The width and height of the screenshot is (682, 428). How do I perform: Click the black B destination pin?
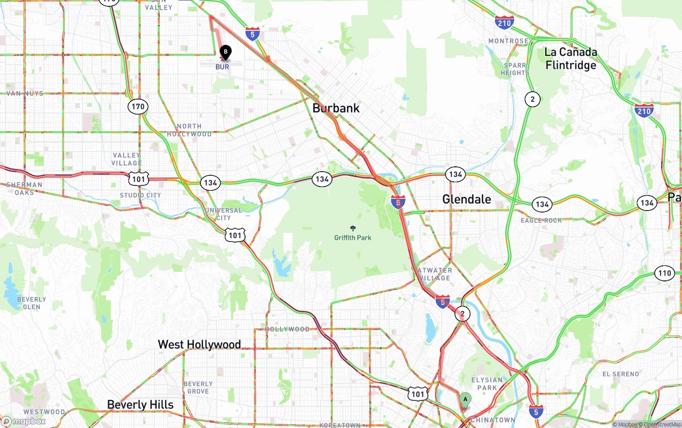tap(225, 52)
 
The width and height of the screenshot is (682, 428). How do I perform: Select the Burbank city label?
tap(336, 108)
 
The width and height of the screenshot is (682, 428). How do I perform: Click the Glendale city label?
tap(467, 199)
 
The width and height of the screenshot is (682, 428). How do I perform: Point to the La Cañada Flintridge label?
tap(570, 59)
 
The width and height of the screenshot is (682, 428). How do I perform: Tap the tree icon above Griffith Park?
tap(352, 228)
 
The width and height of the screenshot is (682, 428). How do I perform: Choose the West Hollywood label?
tap(199, 344)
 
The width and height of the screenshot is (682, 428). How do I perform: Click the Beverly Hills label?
tap(140, 405)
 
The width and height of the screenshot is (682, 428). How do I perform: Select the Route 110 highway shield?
tap(664, 273)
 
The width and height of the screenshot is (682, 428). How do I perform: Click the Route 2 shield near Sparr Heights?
tap(532, 99)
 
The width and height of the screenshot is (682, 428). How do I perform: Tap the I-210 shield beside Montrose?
tap(504, 22)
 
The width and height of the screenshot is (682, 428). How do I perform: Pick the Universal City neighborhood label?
tap(223, 214)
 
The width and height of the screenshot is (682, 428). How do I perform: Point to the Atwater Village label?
tap(435, 274)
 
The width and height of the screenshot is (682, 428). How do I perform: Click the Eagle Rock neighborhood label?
tap(541, 220)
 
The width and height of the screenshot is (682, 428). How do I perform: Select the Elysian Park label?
tap(486, 384)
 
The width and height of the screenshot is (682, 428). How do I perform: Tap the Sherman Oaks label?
tap(24, 188)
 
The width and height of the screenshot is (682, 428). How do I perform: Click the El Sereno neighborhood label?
tap(620, 374)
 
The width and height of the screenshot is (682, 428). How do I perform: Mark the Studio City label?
tap(140, 195)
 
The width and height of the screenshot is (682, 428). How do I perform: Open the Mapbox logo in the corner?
tap(23, 421)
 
